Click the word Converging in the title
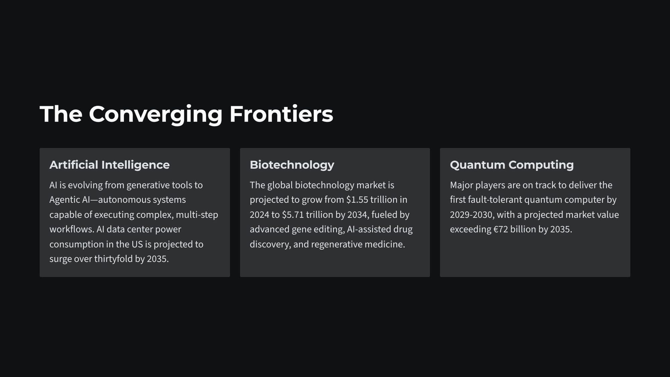(x=156, y=115)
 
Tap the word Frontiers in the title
(x=281, y=114)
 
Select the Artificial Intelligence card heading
(x=110, y=165)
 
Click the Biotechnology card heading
(x=292, y=165)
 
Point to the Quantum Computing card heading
(x=512, y=165)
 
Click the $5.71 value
(x=293, y=214)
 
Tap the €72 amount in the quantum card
(x=501, y=229)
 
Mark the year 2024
(x=259, y=214)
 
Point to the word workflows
(x=72, y=229)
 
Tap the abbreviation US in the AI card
(x=137, y=244)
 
